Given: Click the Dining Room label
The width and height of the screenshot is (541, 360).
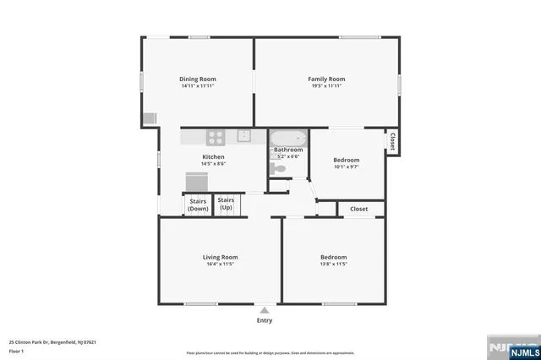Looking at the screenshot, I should [198, 79].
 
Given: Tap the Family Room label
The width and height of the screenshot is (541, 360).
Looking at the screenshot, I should [326, 79].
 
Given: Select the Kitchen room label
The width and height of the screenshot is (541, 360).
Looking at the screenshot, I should [213, 157].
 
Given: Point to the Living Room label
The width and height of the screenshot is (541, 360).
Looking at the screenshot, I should [220, 257].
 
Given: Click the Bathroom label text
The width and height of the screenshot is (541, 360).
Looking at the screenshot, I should [288, 150].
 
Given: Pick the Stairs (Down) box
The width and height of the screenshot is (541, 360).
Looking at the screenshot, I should [198, 205].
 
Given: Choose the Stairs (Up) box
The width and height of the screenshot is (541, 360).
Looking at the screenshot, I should [226, 204].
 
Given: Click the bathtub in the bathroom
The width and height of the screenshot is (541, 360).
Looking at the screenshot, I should [288, 139].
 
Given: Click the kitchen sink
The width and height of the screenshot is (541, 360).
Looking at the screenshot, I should [243, 135].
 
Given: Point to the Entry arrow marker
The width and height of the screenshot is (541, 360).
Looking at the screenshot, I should [265, 310].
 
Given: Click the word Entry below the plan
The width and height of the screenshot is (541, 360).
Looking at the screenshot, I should [265, 320].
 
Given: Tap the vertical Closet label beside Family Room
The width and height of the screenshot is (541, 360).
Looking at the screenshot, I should [393, 142].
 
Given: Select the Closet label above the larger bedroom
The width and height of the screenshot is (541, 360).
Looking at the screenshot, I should [359, 209].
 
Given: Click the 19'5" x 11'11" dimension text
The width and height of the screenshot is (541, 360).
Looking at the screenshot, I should [326, 85].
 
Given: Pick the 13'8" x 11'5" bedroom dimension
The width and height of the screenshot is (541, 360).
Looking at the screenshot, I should [333, 264].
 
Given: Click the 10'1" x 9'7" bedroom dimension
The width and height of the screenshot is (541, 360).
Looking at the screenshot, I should [346, 166].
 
